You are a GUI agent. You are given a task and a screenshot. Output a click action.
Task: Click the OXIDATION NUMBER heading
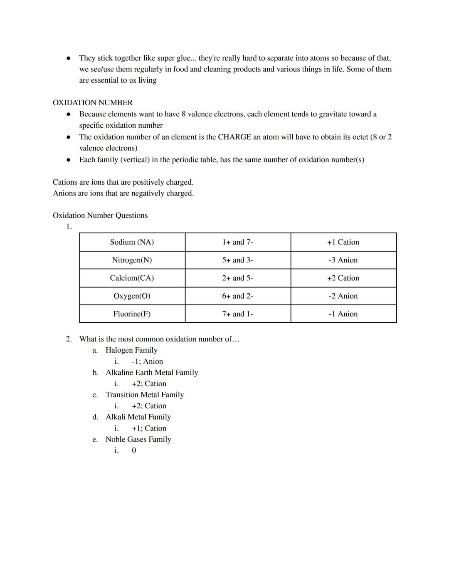click(x=93, y=103)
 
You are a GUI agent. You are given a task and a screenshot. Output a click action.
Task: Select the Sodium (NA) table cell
click(x=132, y=242)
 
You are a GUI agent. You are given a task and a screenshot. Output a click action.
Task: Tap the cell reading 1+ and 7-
click(x=237, y=242)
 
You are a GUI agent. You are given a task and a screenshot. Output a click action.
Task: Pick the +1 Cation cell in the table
click(x=343, y=242)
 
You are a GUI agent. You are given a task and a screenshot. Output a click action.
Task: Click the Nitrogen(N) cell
click(x=132, y=260)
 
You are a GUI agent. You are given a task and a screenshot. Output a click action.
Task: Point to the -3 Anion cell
click(x=343, y=260)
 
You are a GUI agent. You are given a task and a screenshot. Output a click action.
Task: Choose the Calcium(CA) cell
click(x=132, y=278)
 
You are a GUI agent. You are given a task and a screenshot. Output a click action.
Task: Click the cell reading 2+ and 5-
click(x=237, y=278)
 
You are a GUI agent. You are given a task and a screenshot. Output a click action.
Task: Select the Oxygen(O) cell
click(x=132, y=296)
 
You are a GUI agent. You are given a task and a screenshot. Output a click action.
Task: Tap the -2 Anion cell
click(x=343, y=296)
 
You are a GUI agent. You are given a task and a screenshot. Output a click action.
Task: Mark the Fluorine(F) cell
click(x=132, y=314)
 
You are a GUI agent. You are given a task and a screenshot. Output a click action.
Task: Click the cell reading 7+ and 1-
click(x=237, y=314)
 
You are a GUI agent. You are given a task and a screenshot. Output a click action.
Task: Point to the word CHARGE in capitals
click(x=234, y=137)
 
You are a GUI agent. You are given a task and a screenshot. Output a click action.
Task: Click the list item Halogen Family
click(x=131, y=350)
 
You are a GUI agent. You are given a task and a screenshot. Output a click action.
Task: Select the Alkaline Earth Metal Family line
click(x=152, y=373)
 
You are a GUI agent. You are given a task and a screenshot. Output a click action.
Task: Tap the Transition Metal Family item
click(x=145, y=395)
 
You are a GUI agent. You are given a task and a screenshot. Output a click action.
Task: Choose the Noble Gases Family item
click(x=138, y=439)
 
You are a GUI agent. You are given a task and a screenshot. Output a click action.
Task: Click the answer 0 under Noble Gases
click(x=134, y=450)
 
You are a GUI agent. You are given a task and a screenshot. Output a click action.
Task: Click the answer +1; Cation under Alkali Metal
click(x=149, y=428)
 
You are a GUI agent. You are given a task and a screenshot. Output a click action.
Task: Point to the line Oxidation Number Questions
click(x=100, y=215)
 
